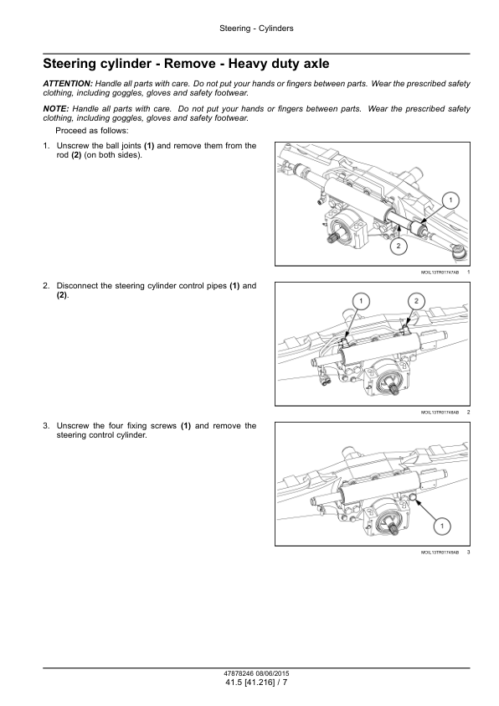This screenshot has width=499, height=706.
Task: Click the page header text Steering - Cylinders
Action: point(256,29)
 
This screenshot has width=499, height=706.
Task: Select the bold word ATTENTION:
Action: point(68,83)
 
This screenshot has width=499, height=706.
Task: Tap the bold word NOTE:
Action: point(56,108)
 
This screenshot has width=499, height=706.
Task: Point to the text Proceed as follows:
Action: point(92,131)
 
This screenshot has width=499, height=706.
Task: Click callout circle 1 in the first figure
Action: point(451,200)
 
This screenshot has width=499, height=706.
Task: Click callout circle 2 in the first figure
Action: point(399,246)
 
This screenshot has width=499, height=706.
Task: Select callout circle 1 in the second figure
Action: point(361,301)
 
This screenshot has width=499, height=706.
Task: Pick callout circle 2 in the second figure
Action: point(416,301)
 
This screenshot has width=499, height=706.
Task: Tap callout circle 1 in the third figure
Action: point(442,526)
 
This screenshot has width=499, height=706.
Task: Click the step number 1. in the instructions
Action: point(46,146)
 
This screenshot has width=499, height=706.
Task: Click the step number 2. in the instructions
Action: point(46,286)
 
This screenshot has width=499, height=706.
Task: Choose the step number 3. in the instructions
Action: point(46,426)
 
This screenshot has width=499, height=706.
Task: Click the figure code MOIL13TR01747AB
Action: point(440,273)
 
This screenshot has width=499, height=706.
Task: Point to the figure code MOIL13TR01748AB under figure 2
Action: point(440,413)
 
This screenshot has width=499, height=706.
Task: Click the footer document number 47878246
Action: point(238,674)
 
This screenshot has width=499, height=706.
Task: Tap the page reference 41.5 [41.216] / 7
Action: point(256,683)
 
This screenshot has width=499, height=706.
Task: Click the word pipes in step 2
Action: point(215,286)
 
